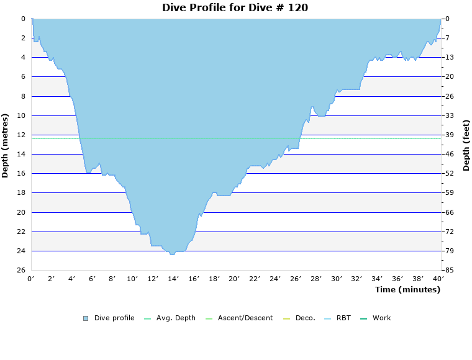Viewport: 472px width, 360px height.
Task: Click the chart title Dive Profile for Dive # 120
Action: coord(235,8)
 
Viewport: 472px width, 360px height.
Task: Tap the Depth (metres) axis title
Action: coord(6,145)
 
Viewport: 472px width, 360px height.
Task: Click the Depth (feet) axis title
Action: coord(466,145)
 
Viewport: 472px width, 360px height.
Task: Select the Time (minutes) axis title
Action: coord(407,290)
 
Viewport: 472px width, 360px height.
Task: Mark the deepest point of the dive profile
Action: coord(172,254)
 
